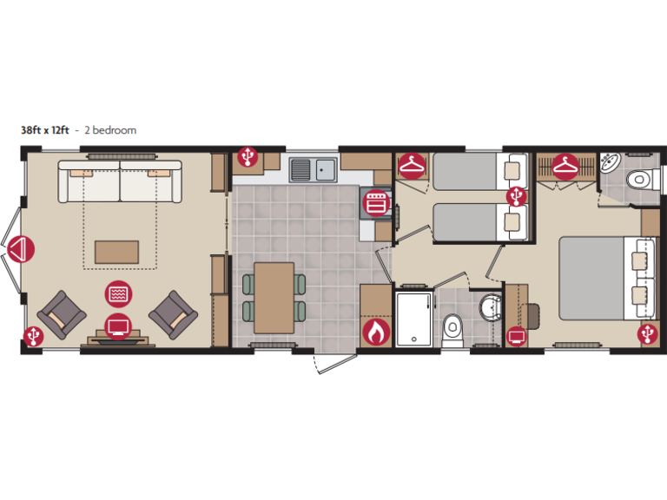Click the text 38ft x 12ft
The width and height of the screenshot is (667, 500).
click(x=45, y=130)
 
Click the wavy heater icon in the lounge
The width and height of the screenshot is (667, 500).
click(x=118, y=294)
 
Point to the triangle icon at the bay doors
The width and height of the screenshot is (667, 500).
click(x=21, y=251)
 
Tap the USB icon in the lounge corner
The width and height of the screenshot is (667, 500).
click(x=33, y=334)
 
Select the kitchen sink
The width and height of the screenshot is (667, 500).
click(x=314, y=168)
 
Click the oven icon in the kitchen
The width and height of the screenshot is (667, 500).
click(x=375, y=203)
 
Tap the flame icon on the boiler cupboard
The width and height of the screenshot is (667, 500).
click(x=375, y=332)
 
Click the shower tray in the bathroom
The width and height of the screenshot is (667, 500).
click(x=414, y=319)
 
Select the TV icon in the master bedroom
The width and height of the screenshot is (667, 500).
click(x=517, y=336)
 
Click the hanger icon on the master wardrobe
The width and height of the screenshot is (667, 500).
click(x=566, y=165)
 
